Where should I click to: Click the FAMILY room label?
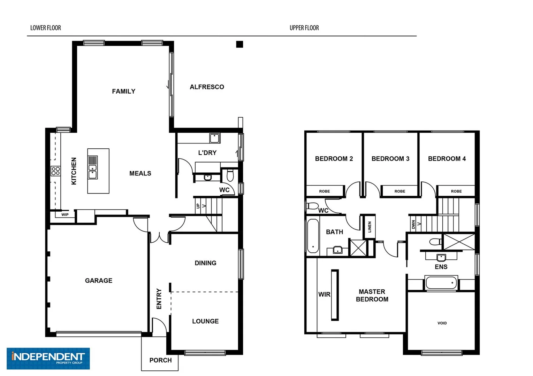point(123,91)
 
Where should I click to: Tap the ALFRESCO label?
point(207,87)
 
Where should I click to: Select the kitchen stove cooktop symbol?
point(56,171)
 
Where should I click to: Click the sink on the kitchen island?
point(93,167)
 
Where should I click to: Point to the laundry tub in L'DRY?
point(214,138)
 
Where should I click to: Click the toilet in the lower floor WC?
point(230,175)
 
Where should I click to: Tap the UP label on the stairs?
point(198,206)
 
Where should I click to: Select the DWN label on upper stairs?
point(413,225)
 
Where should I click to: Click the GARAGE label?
point(99,281)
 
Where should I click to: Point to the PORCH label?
point(160,360)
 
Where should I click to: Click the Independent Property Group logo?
point(48,358)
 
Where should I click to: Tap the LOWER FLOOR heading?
point(46,28)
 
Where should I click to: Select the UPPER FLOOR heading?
point(304,28)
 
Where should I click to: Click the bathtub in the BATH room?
point(313,236)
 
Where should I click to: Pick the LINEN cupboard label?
point(370,227)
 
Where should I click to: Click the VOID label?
point(442,323)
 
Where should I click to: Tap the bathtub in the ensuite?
point(441,282)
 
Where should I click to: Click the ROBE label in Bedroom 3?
point(399,191)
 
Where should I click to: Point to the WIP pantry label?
point(65,215)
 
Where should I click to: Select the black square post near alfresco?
point(239,44)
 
